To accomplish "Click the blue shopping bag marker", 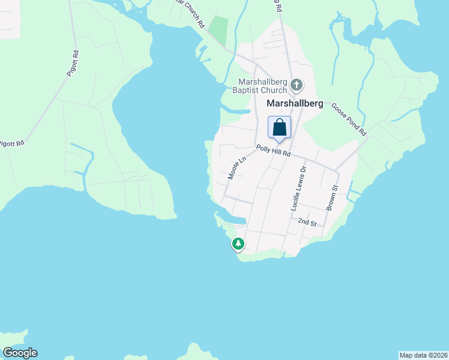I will pyautogui.click(x=279, y=128).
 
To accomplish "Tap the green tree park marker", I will pyautogui.click(x=239, y=244).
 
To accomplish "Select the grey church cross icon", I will pyautogui.click(x=296, y=85).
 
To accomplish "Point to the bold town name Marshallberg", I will pyautogui.click(x=294, y=103).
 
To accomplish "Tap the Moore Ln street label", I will pyautogui.click(x=237, y=169).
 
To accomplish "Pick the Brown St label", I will pyautogui.click(x=332, y=197).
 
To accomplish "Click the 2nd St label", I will pyautogui.click(x=307, y=222).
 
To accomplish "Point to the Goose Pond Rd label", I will pyautogui.click(x=348, y=119).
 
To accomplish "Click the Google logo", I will pyautogui.click(x=20, y=353).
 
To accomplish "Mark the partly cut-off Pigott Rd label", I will pyautogui.click(x=12, y=143).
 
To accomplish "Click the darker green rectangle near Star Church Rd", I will pyautogui.click(x=220, y=31).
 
